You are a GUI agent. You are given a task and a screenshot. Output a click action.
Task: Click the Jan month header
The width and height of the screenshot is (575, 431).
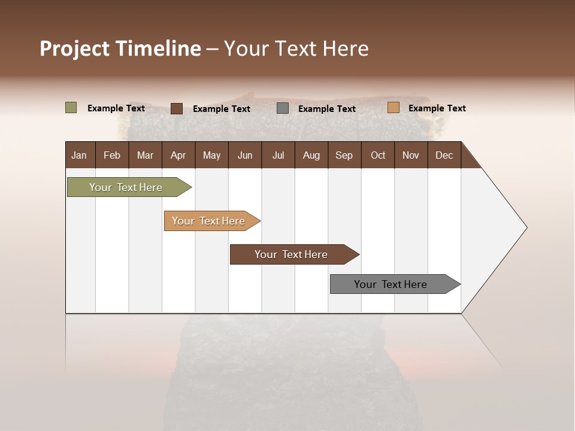(80, 155)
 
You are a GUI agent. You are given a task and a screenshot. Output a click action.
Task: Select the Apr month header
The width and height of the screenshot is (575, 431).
(178, 155)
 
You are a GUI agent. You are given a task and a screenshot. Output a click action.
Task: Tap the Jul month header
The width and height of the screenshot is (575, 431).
(279, 155)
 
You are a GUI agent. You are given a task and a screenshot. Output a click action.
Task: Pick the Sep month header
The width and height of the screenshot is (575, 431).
(344, 155)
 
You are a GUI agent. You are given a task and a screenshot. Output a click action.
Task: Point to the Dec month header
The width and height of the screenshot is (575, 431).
(444, 155)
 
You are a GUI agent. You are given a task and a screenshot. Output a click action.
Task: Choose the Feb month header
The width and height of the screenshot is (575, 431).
(112, 155)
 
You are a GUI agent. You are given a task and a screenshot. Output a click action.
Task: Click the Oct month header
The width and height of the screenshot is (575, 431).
(378, 155)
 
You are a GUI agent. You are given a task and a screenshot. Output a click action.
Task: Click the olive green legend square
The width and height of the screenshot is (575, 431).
(71, 108)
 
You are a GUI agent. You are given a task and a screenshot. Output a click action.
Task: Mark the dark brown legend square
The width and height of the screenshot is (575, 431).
(177, 108)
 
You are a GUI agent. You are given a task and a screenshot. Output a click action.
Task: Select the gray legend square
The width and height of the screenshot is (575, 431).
(283, 108)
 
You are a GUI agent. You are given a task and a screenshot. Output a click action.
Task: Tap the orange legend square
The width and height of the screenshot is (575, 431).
(394, 108)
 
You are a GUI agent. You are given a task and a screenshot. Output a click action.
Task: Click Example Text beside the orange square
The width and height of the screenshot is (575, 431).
(437, 108)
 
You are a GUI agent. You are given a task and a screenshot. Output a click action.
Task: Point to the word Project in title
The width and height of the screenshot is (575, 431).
(74, 48)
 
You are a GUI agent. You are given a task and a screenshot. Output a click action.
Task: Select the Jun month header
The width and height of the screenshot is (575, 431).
(245, 155)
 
